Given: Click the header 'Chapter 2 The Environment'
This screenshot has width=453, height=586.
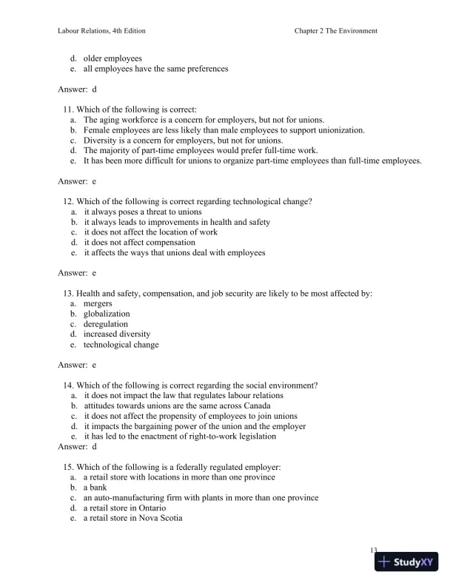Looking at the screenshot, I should (336, 31).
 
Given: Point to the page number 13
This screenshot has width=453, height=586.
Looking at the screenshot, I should (374, 550).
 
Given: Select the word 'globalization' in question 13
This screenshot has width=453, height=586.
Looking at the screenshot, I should (107, 314).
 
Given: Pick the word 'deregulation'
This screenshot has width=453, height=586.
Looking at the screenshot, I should (105, 324).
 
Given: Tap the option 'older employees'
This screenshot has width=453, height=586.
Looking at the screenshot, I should (113, 58).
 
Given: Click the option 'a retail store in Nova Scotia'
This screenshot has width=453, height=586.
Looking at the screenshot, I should (133, 519).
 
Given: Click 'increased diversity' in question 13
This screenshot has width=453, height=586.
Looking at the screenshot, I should (116, 334).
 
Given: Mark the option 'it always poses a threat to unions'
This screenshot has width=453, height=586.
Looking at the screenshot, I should (143, 211).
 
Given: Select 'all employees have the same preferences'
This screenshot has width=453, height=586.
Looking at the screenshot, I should (155, 69).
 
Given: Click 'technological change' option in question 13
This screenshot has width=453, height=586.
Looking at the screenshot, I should (121, 345).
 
